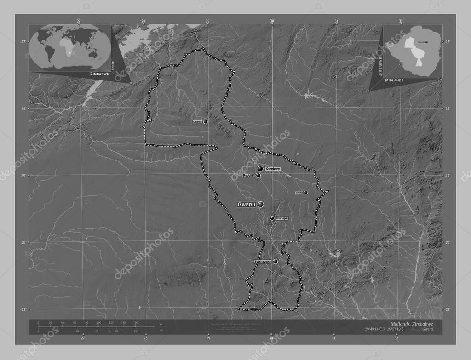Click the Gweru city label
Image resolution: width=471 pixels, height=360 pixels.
pos(246,204)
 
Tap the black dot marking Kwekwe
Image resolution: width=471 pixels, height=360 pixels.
pos(260,169)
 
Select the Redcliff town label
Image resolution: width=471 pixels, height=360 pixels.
pos(249,176)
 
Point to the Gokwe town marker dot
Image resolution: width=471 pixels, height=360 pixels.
pos(206,122)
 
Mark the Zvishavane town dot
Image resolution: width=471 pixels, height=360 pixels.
pos(275,262)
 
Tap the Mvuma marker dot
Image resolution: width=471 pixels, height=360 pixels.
pos(305,193)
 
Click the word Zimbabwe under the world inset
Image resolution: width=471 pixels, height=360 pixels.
pos(99,74)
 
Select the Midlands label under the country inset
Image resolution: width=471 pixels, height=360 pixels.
pos(395,80)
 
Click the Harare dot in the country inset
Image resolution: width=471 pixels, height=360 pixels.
pos(426,42)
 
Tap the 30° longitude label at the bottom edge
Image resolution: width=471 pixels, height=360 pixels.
pos(271,338)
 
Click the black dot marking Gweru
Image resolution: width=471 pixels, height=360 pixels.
pos(261,204)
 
